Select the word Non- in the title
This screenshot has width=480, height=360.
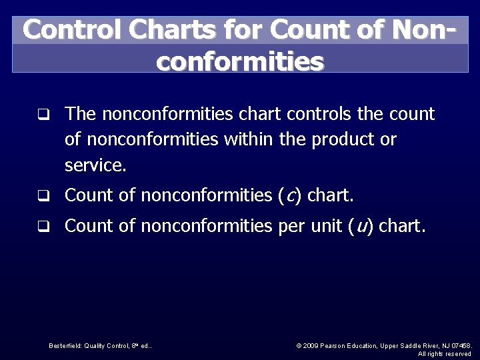427,30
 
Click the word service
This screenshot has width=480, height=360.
95,165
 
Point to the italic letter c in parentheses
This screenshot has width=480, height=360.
290,195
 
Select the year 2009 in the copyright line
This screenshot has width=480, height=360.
311,345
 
